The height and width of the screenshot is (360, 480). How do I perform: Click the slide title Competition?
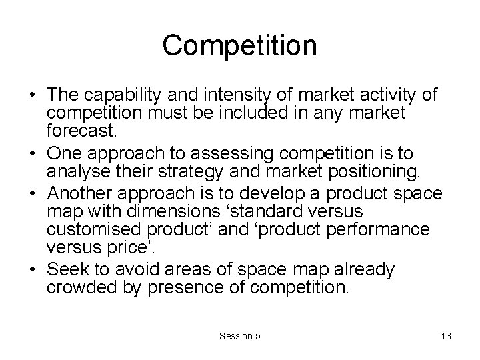[x=240, y=46]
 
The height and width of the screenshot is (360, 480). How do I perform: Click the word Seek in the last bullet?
[x=65, y=270]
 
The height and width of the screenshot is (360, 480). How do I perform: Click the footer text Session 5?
[x=240, y=336]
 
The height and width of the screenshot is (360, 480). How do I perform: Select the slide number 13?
[x=446, y=336]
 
